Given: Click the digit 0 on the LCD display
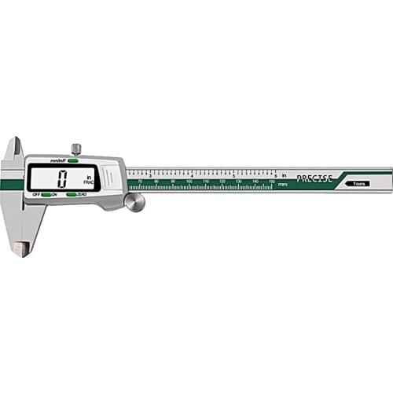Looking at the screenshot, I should [x=62, y=178].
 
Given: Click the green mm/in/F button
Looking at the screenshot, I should [x=73, y=160].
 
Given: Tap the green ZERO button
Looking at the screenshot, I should [x=72, y=194].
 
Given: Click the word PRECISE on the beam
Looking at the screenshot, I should [x=314, y=178].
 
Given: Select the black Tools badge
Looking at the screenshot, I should [x=359, y=183].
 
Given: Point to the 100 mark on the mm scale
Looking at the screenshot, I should [x=189, y=182].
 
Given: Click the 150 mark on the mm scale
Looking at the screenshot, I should [x=271, y=182].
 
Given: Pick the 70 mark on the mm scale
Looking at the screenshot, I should [x=140, y=182].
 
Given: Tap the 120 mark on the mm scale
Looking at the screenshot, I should [x=222, y=182].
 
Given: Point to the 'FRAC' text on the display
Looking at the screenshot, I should [x=90, y=182].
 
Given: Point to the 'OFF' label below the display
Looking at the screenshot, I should [x=35, y=194].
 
